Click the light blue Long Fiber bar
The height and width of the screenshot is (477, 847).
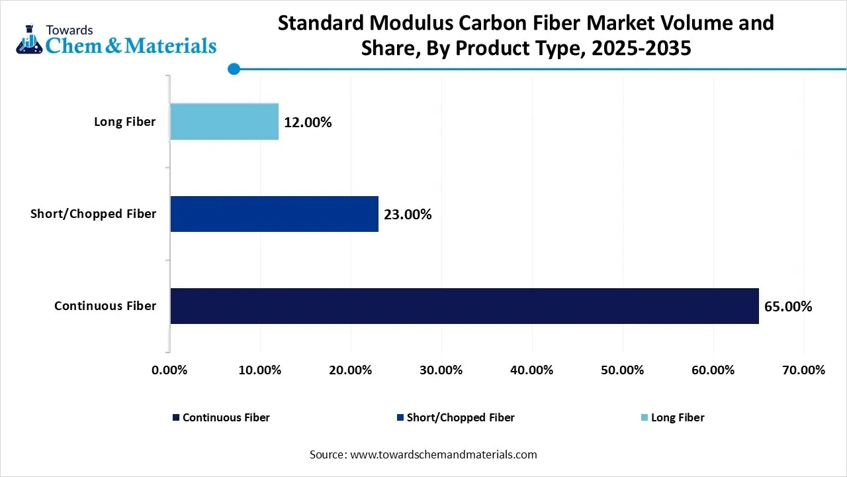pos(224,122)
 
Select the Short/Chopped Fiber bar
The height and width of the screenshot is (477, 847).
pos(274,214)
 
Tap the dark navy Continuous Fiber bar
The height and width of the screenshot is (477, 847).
pos(464,306)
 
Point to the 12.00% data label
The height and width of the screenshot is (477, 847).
pos(308,123)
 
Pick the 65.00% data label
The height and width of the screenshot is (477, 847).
pos(788,307)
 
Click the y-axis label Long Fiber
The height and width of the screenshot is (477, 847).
pos(124,122)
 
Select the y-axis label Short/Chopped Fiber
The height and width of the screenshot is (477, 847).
pos(93,214)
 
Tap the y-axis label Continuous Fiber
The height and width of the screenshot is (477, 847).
pos(105,306)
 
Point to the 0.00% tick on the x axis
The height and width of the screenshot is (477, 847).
pos(170,370)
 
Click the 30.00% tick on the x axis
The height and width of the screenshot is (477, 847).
pos(441,370)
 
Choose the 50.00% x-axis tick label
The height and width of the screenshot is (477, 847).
pos(622,370)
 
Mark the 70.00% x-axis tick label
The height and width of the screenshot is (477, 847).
pos(803,370)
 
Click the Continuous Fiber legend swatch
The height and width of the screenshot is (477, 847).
pos(175,418)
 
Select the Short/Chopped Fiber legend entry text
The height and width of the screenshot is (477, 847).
pos(461,418)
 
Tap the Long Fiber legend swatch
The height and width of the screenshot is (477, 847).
pos(644,418)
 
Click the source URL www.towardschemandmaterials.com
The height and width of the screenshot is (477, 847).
pos(442,455)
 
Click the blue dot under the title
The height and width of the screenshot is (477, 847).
pos(234,69)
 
